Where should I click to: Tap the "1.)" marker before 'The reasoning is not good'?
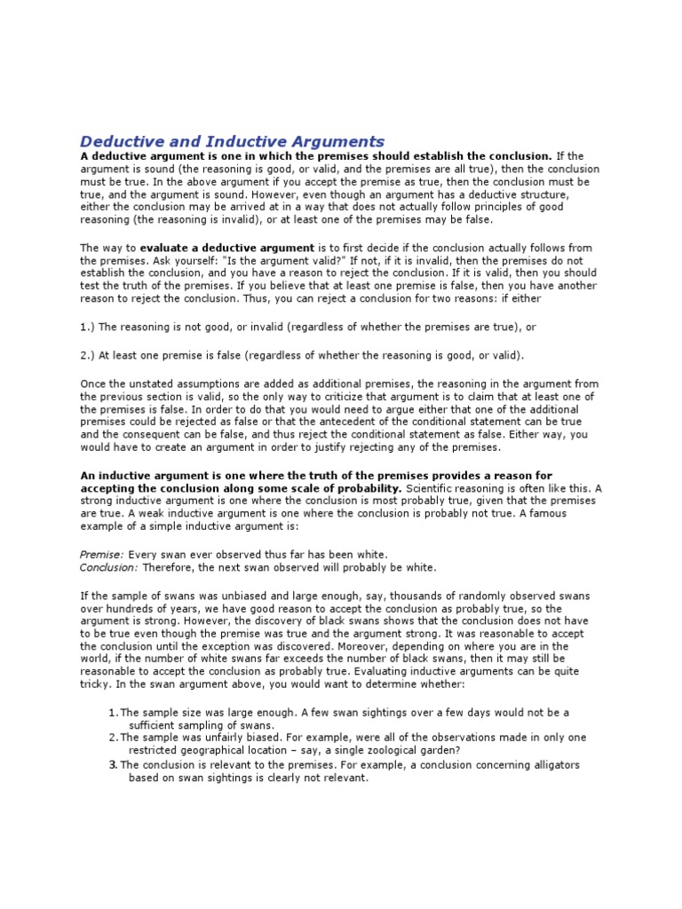tap(89, 328)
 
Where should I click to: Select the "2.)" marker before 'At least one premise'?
tap(89, 356)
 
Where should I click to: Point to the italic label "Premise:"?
tap(102, 554)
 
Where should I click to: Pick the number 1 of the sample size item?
tap(113, 713)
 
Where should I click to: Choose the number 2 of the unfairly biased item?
tap(113, 737)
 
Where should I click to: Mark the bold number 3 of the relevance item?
tap(113, 763)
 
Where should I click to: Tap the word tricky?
tap(97, 686)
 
